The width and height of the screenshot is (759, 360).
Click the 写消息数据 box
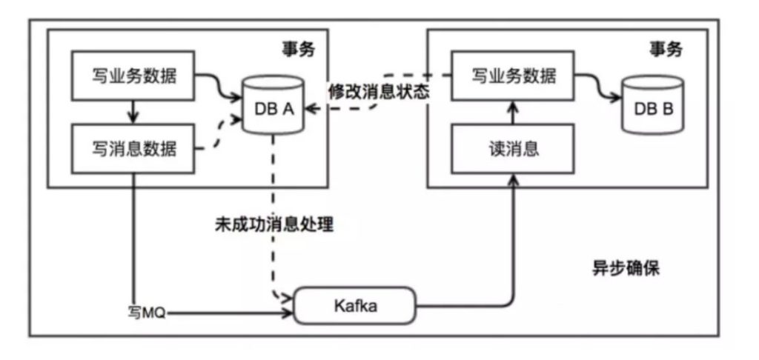pos(134,148)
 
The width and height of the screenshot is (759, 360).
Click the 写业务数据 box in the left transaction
pos(134,75)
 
